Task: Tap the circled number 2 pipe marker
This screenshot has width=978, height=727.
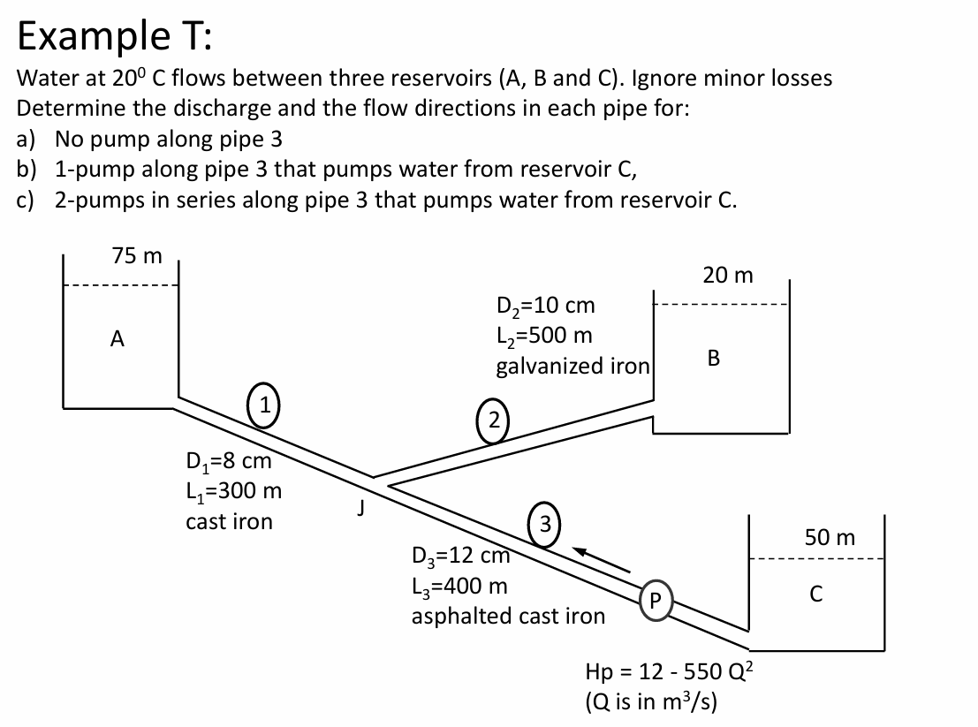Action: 495,418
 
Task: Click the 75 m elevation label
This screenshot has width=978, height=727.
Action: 137,255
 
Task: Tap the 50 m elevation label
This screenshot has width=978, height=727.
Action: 830,537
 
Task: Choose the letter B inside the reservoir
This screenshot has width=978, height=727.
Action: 714,358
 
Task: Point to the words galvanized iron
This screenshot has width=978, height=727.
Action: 573,365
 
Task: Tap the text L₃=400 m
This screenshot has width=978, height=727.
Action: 459,585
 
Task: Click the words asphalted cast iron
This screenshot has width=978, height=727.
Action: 508,615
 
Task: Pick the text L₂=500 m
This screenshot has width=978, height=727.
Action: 545,336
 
